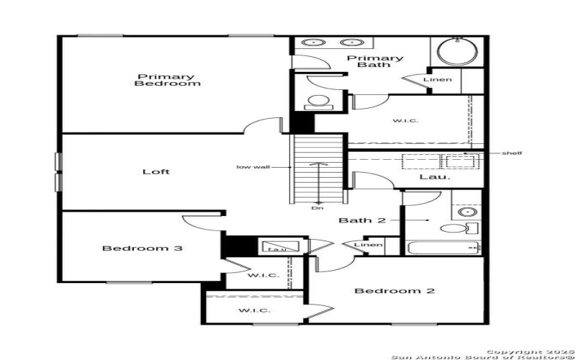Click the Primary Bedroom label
coord(167,80)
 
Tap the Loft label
coord(156,171)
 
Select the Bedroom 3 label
coord(141,248)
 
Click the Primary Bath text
coord(374,61)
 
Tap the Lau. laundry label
coord(435,176)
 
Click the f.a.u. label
coord(277,249)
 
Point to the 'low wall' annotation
coord(253,167)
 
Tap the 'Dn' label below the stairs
coord(318,209)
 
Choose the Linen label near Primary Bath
coord(438,79)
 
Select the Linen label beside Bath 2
coord(368,246)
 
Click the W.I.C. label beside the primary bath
coord(405,120)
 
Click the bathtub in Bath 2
coord(441,248)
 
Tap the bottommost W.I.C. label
coord(254,310)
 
